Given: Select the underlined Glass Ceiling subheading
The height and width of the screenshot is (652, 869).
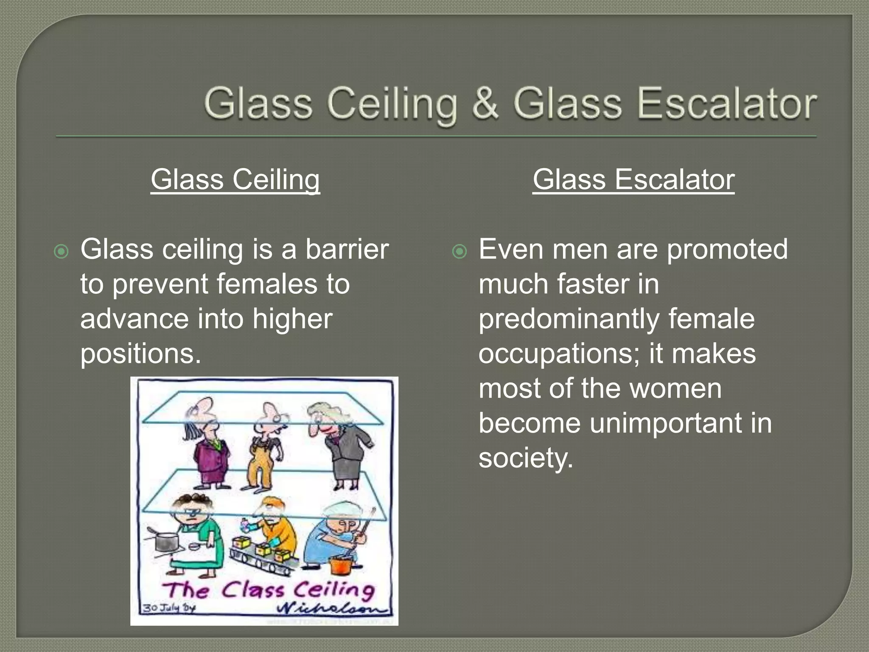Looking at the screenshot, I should (x=235, y=179).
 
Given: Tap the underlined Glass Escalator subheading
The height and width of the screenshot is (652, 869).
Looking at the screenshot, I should (x=634, y=179).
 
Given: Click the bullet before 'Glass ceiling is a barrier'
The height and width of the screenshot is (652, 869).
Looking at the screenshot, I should (x=62, y=252).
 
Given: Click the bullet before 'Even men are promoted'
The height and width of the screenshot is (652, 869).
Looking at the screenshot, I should (x=460, y=252).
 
